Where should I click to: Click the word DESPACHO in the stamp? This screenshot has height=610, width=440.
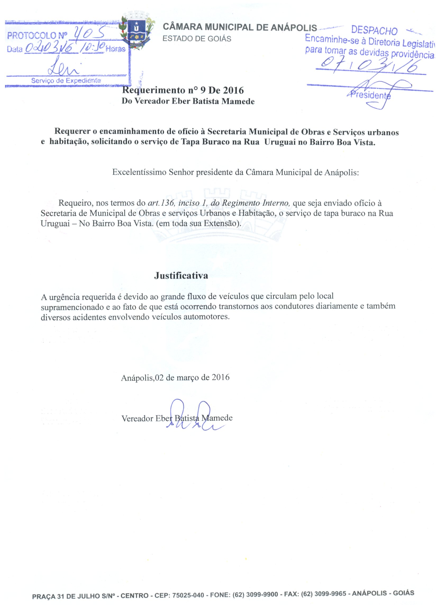374,30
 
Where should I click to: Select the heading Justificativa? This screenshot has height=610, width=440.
181,276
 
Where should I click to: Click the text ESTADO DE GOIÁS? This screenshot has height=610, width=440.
197,39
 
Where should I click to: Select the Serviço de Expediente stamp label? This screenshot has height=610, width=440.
66,80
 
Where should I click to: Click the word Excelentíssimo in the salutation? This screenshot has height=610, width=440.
139,172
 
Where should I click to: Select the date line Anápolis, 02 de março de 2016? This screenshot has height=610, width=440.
175,377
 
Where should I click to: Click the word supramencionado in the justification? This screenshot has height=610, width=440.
72,307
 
